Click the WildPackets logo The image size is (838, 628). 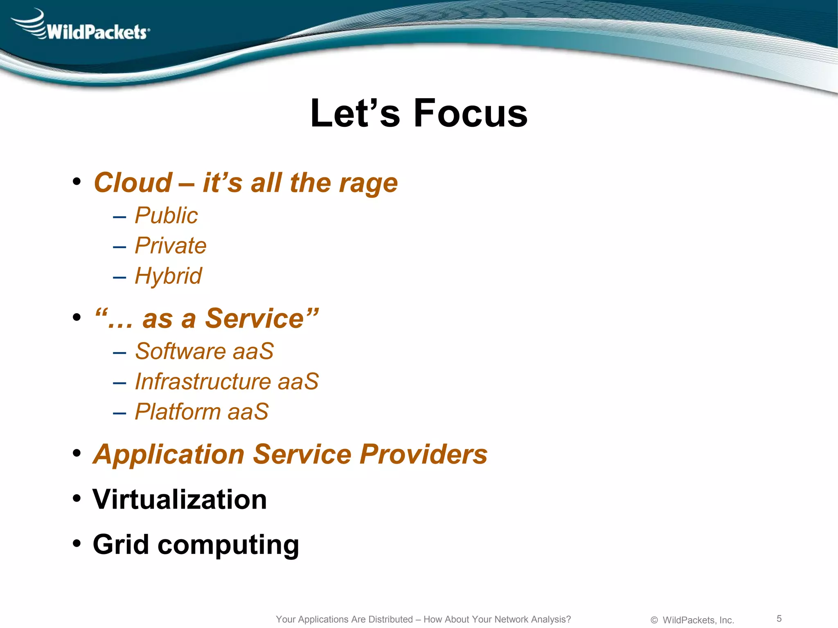(x=82, y=26)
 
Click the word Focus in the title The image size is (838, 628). (x=471, y=113)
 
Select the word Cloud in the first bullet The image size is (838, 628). (x=133, y=183)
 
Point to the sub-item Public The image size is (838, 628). (x=166, y=215)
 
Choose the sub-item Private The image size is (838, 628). (x=171, y=246)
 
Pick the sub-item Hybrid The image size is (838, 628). (x=168, y=276)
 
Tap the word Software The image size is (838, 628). (x=180, y=351)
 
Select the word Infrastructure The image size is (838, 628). (x=203, y=381)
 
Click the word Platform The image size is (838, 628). (x=178, y=412)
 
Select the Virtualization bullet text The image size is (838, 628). (x=180, y=500)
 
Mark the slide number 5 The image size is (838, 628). (x=779, y=619)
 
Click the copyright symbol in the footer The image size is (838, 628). (x=654, y=620)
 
